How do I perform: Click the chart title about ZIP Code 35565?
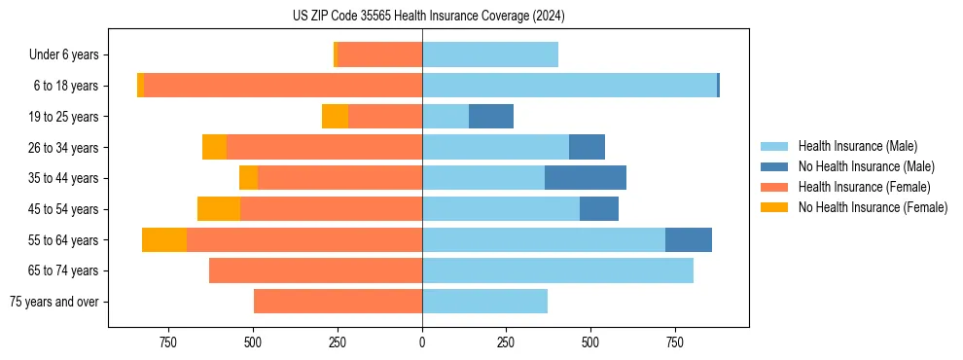pyautogui.click(x=428, y=16)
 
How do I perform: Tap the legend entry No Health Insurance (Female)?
pyautogui.click(x=873, y=207)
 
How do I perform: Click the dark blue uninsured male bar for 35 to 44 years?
pyautogui.click(x=586, y=178)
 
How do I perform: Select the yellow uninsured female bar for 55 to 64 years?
pyautogui.click(x=163, y=240)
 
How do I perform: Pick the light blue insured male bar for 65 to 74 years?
pyautogui.click(x=557, y=270)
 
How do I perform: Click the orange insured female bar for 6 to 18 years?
pyautogui.click(x=282, y=86)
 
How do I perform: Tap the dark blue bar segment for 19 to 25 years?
pyautogui.click(x=491, y=117)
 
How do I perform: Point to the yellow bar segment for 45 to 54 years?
pyautogui.click(x=219, y=209)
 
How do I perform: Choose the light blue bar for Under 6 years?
pyautogui.click(x=490, y=55)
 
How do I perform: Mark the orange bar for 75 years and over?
pyautogui.click(x=338, y=302)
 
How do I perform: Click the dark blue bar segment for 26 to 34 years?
pyautogui.click(x=587, y=148)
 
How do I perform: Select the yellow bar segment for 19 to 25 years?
pyautogui.click(x=335, y=117)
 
